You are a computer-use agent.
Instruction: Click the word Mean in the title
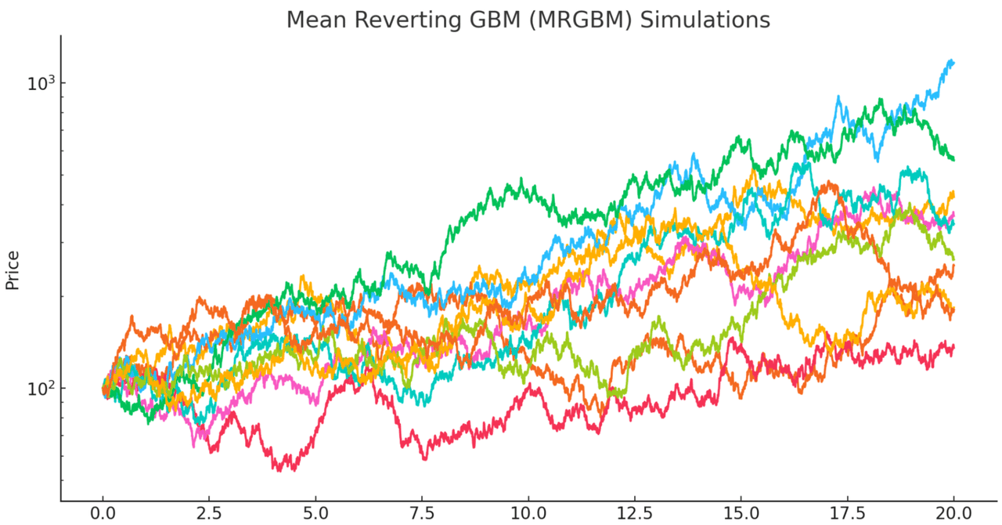coord(315,20)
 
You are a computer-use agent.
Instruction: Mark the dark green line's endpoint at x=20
coord(953,160)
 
